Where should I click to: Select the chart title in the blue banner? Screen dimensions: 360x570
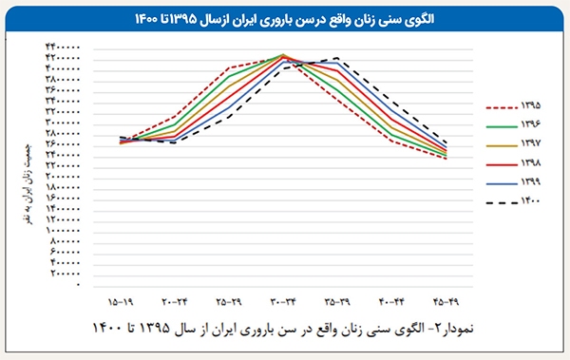point(285,18)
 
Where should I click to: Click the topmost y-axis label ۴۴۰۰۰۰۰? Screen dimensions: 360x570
point(61,47)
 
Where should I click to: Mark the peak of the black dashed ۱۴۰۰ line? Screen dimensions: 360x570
point(337,59)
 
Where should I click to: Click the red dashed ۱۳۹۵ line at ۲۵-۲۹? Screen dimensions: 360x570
point(229,68)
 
